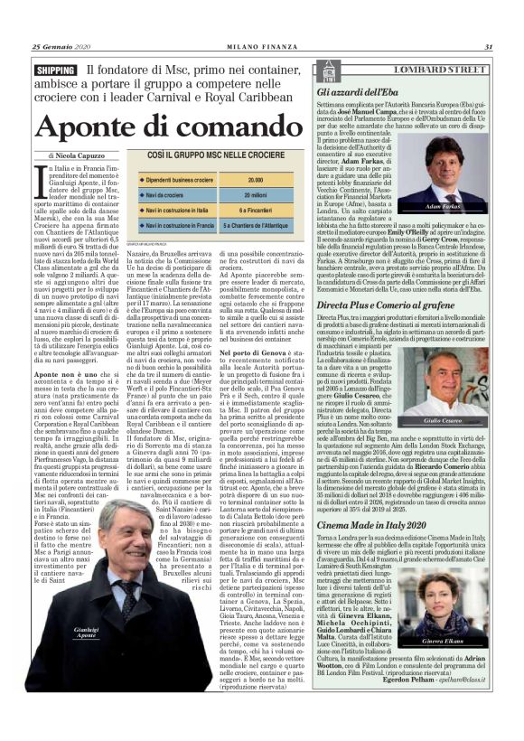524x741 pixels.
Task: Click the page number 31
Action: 488,47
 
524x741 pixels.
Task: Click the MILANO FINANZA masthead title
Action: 262,47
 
